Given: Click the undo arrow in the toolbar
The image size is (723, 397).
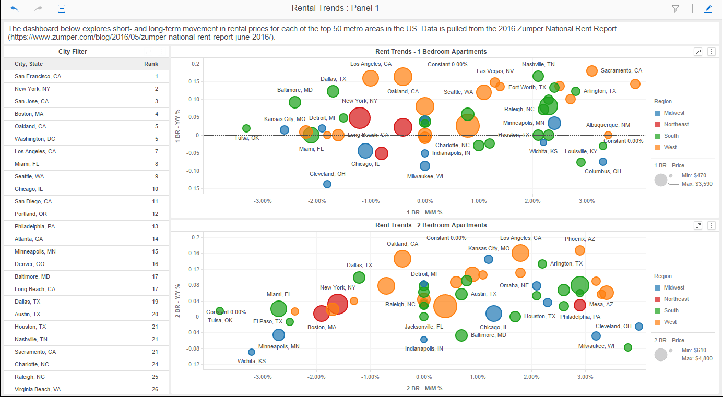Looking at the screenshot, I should point(15,8).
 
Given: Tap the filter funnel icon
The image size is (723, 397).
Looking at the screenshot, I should point(675,8).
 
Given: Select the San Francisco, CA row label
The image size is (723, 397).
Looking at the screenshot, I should point(38,76).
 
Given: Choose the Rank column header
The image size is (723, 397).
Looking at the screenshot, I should point(151,64).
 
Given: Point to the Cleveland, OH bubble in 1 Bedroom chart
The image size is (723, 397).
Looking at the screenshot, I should point(327,184).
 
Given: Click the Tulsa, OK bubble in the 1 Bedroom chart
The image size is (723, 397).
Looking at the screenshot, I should point(246,128).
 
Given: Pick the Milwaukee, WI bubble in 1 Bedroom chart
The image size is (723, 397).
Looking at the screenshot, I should point(425,166).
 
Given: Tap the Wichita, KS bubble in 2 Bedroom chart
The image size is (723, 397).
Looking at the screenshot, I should point(252,352).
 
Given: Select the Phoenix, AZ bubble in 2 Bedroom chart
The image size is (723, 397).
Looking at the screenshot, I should point(580,250).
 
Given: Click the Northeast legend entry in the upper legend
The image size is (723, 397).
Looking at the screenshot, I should point(675,124).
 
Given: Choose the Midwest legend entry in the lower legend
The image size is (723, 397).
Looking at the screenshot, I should point(673,287).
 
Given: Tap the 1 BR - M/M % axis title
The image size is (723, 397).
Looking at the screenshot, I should point(424,212).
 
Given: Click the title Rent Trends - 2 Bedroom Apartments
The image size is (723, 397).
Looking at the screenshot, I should point(431,225).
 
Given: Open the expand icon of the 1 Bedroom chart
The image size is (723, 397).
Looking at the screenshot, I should point(698,52).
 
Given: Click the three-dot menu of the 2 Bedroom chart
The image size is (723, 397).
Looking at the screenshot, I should point(711,225).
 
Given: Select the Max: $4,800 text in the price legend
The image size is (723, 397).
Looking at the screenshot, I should point(697,358).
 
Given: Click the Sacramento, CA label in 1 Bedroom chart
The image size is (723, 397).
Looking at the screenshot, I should point(621,70).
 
